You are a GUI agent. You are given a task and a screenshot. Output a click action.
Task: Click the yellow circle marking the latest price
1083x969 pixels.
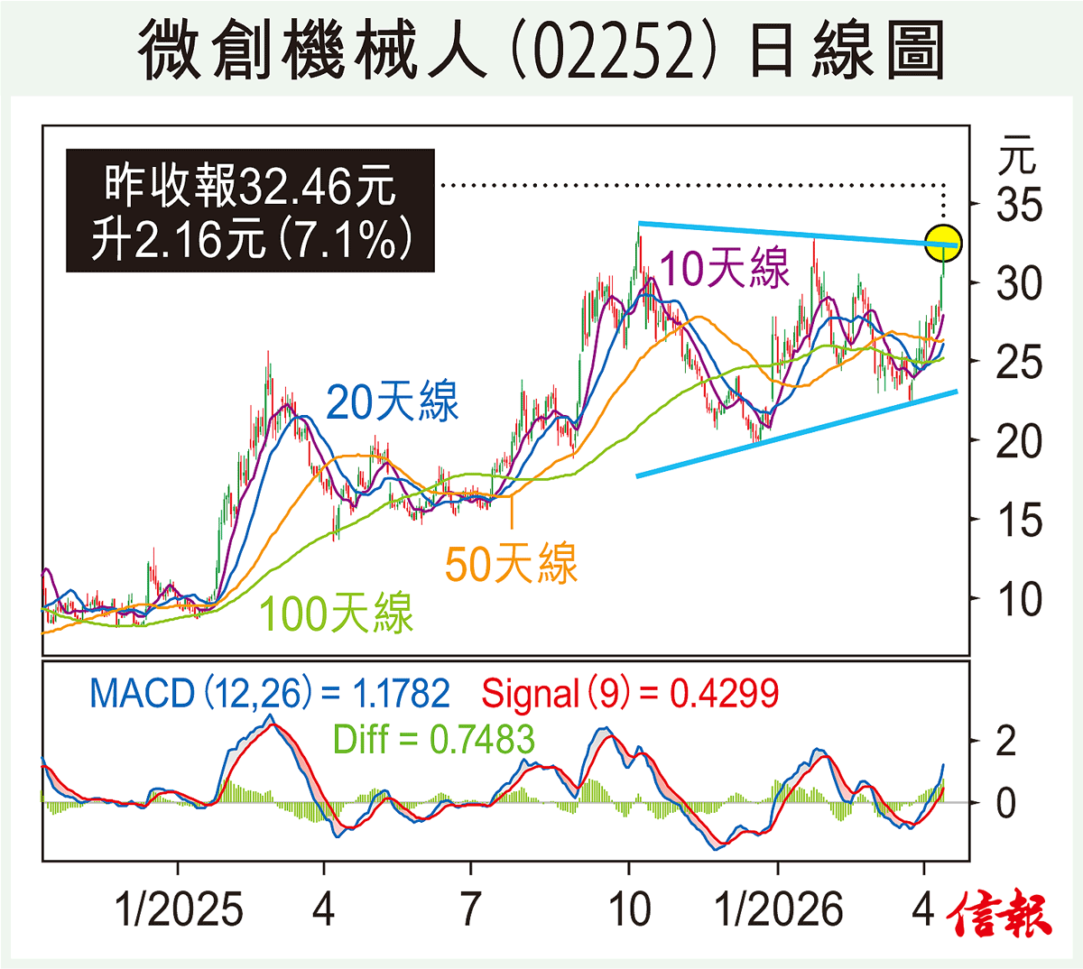[943, 244]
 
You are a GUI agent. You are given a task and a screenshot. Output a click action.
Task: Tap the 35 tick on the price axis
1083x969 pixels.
[1019, 206]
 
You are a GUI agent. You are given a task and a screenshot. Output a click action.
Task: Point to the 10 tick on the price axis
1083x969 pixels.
[1019, 600]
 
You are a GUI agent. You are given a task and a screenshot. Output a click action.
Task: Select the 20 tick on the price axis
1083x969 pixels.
[1019, 442]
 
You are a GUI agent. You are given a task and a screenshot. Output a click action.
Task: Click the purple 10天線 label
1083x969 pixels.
[725, 269]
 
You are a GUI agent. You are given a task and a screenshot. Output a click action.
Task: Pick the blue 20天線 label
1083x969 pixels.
[392, 401]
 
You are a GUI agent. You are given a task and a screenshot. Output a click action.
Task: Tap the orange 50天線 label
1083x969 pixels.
[511, 564]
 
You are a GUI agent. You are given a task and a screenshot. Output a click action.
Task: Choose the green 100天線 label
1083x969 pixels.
[336, 614]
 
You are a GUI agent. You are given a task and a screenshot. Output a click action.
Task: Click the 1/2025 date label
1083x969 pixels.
[179, 909]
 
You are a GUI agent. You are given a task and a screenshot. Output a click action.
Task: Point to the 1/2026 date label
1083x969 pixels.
[778, 909]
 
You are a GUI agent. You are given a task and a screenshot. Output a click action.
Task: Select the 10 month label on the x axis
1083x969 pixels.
[629, 909]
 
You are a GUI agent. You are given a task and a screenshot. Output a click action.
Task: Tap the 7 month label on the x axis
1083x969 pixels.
[470, 909]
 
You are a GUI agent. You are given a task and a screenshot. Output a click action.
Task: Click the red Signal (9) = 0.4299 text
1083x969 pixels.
[630, 694]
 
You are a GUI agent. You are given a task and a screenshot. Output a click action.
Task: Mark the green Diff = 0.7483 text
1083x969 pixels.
[433, 740]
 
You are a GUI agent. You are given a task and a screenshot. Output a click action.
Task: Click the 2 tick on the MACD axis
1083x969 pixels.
[1005, 742]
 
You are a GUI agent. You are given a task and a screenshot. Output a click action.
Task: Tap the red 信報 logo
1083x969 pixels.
[999, 914]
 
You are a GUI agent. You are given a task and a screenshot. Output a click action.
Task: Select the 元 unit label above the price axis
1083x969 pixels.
[1017, 155]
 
